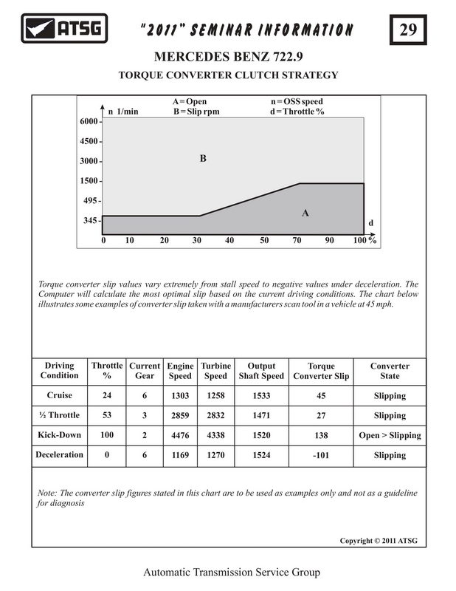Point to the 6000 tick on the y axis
pyautogui.click(x=89, y=121)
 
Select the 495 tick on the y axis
pyautogui.click(x=91, y=200)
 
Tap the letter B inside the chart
pyautogui.click(x=202, y=158)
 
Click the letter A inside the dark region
pyautogui.click(x=305, y=213)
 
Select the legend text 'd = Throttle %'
pyautogui.click(x=297, y=112)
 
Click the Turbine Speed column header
pyautogui.click(x=215, y=371)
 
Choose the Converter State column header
pyautogui.click(x=390, y=371)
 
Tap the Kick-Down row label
pyautogui.click(x=59, y=435)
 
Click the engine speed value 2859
pyautogui.click(x=180, y=415)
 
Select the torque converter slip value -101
pyautogui.click(x=320, y=455)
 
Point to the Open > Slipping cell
pyautogui.click(x=390, y=435)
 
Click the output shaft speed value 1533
pyautogui.click(x=261, y=395)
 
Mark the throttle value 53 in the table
pyautogui.click(x=107, y=415)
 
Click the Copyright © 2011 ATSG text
pyautogui.click(x=378, y=541)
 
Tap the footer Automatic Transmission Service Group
pyautogui.click(x=228, y=573)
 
